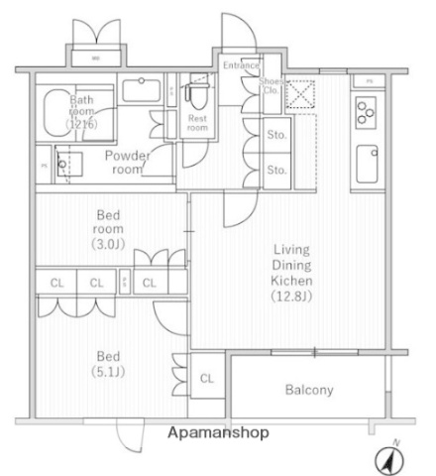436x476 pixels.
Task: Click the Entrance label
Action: click(x=240, y=65)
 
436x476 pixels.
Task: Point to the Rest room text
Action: click(x=198, y=122)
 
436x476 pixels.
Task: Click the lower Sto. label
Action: click(x=277, y=170)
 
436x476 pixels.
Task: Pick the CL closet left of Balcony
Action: click(x=207, y=378)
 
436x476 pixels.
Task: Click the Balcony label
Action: click(x=309, y=390)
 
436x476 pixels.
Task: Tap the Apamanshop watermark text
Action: click(x=217, y=433)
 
